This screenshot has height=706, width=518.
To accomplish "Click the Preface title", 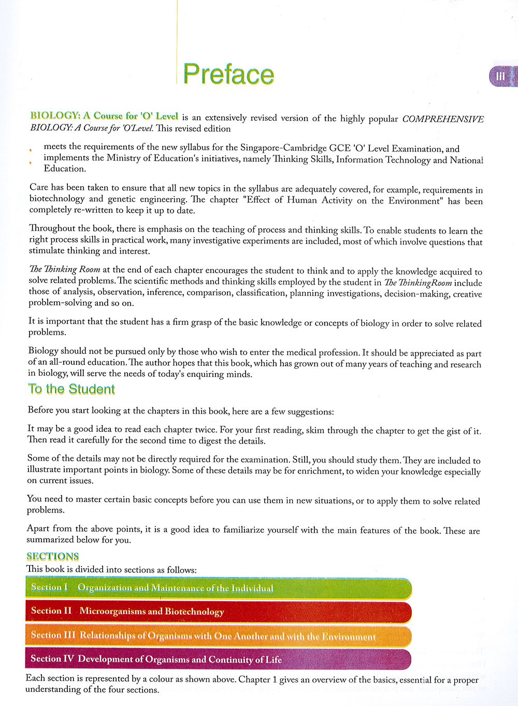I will point(228,74).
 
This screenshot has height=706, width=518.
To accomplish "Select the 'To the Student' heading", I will point(71,389).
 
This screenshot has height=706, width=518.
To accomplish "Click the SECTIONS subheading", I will point(52,556).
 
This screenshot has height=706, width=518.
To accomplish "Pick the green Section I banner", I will point(218,588).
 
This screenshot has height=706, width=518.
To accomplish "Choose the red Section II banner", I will point(218,612).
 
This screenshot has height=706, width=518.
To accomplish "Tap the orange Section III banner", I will point(218,636).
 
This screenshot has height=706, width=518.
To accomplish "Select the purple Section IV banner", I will point(218,659).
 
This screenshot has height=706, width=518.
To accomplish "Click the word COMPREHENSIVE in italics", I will point(443,119).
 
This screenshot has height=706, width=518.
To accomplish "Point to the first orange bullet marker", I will point(31,150).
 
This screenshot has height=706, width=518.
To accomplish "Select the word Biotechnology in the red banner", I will point(195,612).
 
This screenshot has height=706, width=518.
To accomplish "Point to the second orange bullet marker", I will point(31,162).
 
